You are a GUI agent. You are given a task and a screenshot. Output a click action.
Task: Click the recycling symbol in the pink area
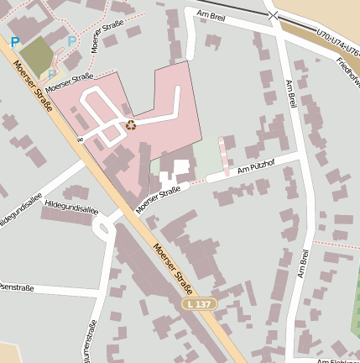click(x=130, y=126)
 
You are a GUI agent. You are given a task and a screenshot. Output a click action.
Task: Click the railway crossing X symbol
click(x=272, y=14)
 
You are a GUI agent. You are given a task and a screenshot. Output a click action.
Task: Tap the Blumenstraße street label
click(x=91, y=340)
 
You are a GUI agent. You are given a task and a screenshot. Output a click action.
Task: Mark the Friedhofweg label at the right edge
click(x=347, y=73)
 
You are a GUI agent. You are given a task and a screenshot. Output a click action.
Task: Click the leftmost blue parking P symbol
click(x=14, y=41)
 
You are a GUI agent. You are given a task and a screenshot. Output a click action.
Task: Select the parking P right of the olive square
click(x=71, y=40)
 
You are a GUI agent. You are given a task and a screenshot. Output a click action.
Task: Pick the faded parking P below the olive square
click(x=51, y=74)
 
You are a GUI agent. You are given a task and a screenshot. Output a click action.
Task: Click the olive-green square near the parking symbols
click(x=36, y=54)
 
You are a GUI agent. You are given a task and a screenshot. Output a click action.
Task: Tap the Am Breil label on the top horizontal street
click(x=211, y=15)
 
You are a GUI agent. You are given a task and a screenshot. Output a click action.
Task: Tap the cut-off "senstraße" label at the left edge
click(x=17, y=288)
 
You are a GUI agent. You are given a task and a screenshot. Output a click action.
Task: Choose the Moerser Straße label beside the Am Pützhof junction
click(x=158, y=199)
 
